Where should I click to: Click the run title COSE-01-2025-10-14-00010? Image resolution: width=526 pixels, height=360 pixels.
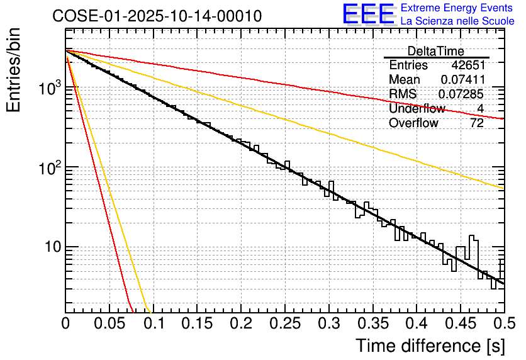click(x=157, y=16)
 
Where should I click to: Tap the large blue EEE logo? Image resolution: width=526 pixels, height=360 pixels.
click(x=368, y=14)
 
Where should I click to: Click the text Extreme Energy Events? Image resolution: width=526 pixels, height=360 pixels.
click(x=457, y=8)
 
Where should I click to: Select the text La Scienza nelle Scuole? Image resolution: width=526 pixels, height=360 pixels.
click(x=457, y=21)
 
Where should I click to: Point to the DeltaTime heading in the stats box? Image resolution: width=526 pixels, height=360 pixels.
click(x=436, y=51)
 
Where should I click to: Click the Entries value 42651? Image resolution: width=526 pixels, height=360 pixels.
click(x=467, y=65)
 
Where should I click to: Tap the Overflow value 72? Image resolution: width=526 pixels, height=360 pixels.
click(x=477, y=123)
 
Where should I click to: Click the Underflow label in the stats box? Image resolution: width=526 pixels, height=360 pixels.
click(x=417, y=109)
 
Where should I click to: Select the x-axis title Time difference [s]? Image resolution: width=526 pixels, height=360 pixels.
click(x=430, y=346)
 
